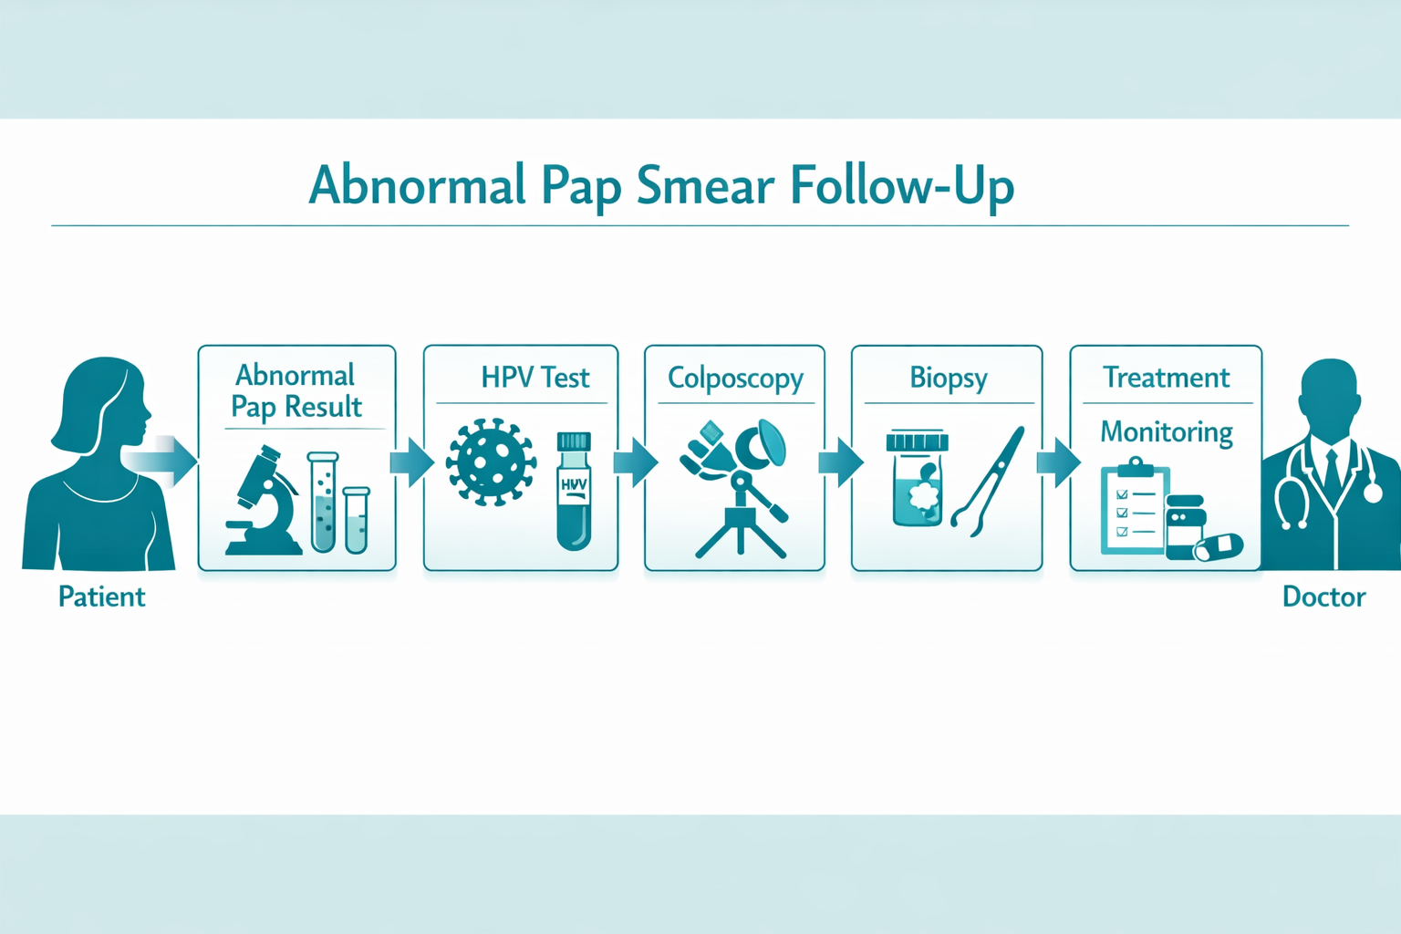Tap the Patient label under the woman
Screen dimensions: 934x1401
(101, 597)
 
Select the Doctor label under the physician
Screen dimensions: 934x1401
(1323, 597)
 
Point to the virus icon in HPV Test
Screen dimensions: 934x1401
(490, 462)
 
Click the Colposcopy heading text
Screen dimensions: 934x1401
(735, 378)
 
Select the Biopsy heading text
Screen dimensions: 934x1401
(948, 378)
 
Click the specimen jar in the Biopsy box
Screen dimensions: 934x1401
(918, 481)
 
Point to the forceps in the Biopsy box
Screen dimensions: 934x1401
(988, 481)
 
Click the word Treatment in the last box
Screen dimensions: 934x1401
(1166, 377)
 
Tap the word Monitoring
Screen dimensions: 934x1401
(1166, 431)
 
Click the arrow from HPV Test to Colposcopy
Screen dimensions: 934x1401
(635, 462)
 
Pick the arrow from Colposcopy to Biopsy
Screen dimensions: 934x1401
(840, 462)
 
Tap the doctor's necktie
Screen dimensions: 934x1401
(1332, 471)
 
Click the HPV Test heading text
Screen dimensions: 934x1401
(534, 377)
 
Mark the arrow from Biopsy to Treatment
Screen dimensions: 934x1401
(1058, 462)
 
